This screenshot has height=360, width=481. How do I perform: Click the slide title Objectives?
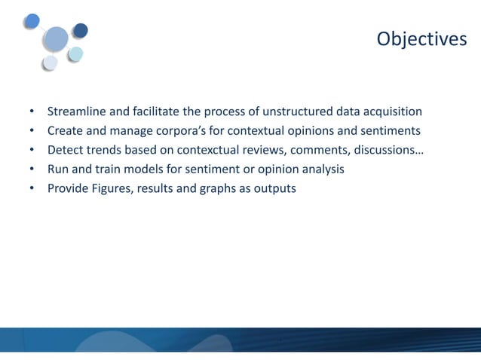pyautogui.click(x=421, y=38)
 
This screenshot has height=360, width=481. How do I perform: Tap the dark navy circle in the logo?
pyautogui.click(x=80, y=30)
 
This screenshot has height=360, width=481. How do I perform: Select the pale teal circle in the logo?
pyautogui.click(x=75, y=53)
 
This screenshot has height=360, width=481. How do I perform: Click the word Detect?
pyautogui.click(x=66, y=151)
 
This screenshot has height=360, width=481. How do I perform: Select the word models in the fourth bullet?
pyautogui.click(x=150, y=169)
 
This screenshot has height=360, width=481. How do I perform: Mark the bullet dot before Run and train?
pyautogui.click(x=32, y=169)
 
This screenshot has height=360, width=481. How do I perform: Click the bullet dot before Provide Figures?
pyautogui.click(x=32, y=188)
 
